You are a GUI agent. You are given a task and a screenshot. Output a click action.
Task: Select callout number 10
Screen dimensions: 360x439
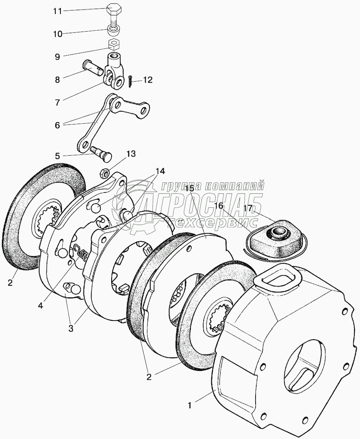pos(58,34)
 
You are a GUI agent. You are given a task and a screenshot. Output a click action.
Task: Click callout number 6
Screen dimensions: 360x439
pos(58,125)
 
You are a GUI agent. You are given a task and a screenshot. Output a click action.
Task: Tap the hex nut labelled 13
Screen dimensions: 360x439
pos(103,172)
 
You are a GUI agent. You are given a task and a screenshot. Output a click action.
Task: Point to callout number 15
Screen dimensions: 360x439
pos(190,188)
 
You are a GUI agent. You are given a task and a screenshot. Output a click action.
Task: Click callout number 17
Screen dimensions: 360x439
pos(248,208)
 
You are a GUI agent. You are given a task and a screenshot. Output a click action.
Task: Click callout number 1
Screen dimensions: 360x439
pos(190,405)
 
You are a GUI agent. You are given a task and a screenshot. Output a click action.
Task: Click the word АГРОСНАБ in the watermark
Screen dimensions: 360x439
pos(200,204)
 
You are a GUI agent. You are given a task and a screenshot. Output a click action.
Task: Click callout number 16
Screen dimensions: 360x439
pos(218,206)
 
